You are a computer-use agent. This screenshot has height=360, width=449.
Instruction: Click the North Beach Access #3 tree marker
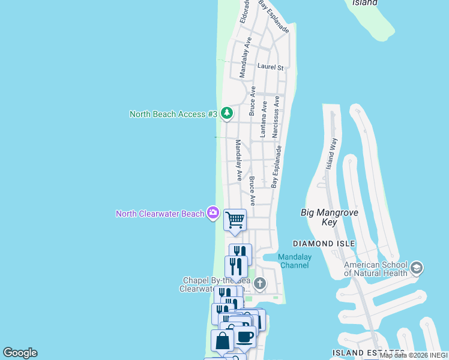tap(226, 113)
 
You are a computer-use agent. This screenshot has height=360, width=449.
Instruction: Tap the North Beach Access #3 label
tap(173, 114)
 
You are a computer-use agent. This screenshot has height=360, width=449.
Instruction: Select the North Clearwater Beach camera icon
tap(212, 213)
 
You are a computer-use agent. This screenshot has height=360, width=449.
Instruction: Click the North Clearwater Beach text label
tap(160, 214)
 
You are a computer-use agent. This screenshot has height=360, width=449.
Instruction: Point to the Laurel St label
tap(270, 67)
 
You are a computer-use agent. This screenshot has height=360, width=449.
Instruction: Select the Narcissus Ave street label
tap(277, 117)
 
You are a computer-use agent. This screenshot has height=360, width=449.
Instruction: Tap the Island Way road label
tap(331, 154)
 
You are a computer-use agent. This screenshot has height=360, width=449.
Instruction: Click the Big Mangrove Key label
tap(328, 217)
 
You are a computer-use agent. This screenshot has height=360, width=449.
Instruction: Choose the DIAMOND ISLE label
tap(324, 244)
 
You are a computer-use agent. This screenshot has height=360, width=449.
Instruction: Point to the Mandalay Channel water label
tap(294, 261)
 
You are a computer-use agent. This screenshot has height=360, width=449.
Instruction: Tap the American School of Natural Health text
tap(376, 269)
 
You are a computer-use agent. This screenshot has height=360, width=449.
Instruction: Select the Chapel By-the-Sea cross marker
tap(259, 283)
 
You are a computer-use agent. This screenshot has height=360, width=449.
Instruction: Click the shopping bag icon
tap(222, 341)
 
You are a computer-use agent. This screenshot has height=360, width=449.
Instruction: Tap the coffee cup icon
tap(244, 337)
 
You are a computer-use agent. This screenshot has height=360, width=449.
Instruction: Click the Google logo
tap(20, 353)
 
